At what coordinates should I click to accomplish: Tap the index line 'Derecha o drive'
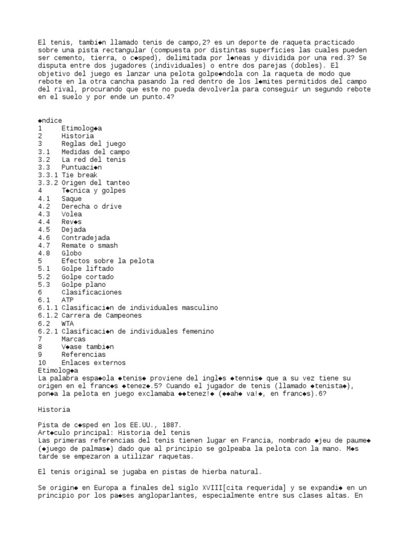pyautogui.click(x=91, y=206)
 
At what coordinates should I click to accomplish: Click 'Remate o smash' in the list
pyautogui.click(x=89, y=245)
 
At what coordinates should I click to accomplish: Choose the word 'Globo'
pyautogui.click(x=71, y=253)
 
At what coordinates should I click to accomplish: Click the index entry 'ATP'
pyautogui.click(x=67, y=300)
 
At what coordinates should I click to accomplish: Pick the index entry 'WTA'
pyautogui.click(x=67, y=324)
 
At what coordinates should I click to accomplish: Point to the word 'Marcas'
pyautogui.click(x=73, y=339)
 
